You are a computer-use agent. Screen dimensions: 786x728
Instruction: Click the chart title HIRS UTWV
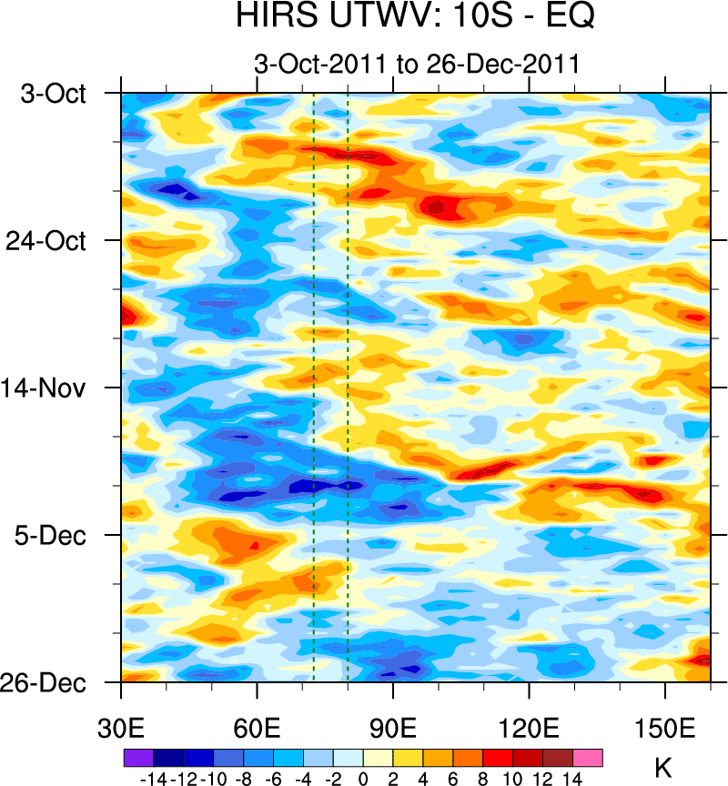(x=415, y=16)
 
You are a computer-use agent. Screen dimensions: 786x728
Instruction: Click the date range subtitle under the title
(x=417, y=65)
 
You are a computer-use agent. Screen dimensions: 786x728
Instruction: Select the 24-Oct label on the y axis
(x=53, y=240)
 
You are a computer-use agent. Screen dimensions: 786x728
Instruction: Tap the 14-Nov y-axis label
(x=53, y=388)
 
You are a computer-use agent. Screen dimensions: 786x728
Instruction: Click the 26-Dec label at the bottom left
(x=53, y=682)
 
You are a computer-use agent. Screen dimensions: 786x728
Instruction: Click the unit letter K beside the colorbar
(x=663, y=768)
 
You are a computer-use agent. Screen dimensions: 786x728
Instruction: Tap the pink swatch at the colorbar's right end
(x=588, y=757)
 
